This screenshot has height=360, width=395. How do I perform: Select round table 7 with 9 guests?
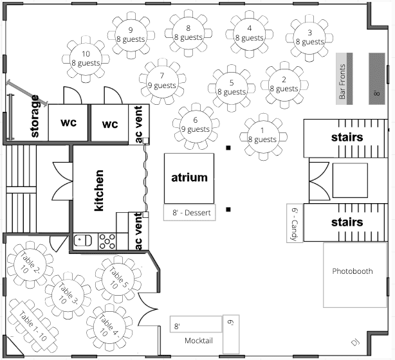point(161,80)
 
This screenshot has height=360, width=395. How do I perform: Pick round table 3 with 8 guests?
point(309,37)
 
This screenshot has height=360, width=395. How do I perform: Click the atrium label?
point(189,177)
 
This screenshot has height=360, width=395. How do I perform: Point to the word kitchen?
point(99,191)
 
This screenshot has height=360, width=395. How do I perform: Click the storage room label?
point(36,117)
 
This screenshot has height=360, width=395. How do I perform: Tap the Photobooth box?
point(352,271)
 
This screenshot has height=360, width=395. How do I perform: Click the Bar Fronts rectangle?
point(342,79)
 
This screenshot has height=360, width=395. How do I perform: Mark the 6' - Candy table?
point(294,224)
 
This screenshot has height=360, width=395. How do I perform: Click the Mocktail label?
point(199,340)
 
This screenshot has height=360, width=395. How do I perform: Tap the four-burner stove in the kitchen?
point(107,240)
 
